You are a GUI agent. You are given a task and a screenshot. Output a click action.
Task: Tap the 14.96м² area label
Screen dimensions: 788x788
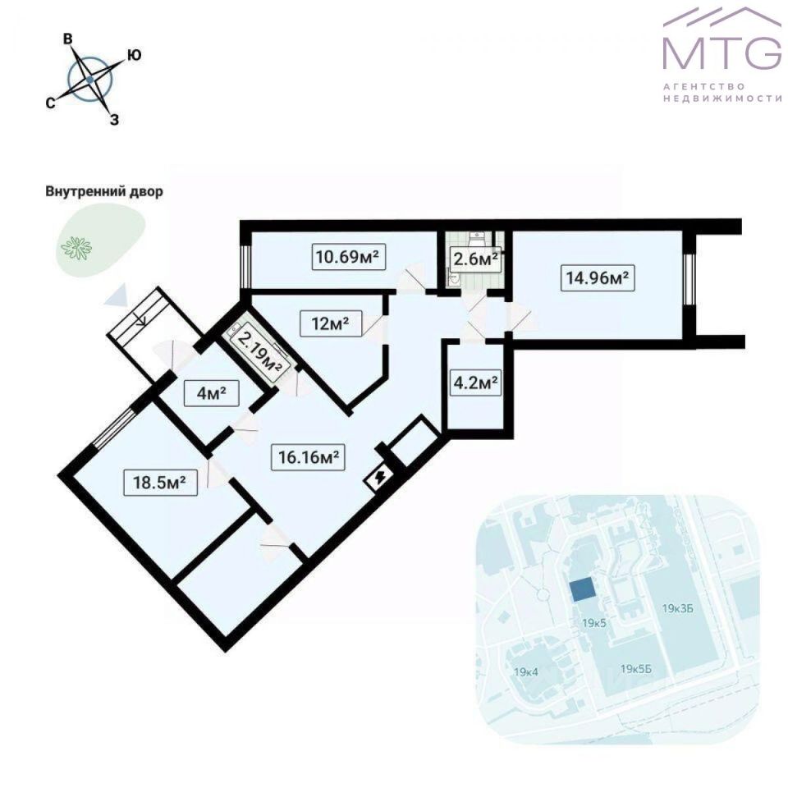pyautogui.click(x=597, y=277)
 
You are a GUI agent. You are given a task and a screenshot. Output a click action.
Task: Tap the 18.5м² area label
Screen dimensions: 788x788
pyautogui.click(x=160, y=483)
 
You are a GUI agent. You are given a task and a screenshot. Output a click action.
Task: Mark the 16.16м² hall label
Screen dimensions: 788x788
pyautogui.click(x=305, y=457)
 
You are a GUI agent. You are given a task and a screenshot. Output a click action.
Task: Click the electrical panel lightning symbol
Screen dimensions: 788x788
pyautogui.click(x=380, y=479)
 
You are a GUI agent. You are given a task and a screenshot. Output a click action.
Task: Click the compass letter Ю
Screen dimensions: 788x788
pyautogui.click(x=135, y=55)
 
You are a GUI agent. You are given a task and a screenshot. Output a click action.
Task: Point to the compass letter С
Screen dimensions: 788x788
pyautogui.click(x=50, y=103)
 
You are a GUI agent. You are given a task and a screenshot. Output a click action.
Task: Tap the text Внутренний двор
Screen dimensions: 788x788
pyautogui.click(x=103, y=192)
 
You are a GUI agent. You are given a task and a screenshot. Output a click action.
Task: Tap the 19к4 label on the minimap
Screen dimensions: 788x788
pyautogui.click(x=525, y=672)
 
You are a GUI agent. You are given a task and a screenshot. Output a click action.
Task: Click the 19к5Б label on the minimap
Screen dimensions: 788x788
pyautogui.click(x=636, y=669)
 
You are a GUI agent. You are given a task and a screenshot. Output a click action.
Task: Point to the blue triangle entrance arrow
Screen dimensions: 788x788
pyautogui.click(x=115, y=294)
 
